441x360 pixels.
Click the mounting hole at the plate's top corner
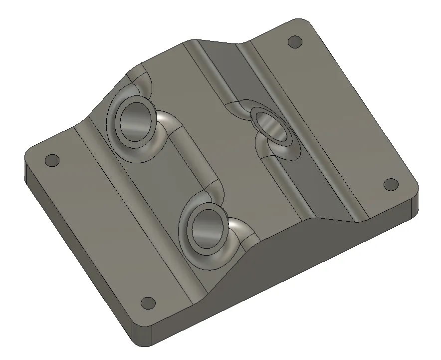295,41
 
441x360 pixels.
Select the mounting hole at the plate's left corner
52,160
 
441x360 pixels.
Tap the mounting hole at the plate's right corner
390,184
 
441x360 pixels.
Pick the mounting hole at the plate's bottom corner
148,303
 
